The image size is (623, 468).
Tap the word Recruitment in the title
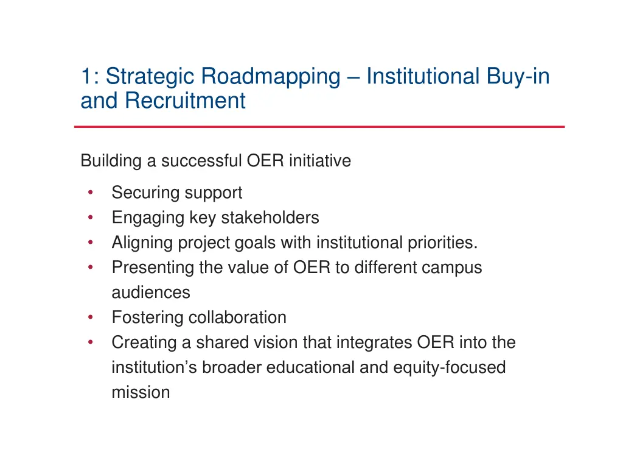coord(185,101)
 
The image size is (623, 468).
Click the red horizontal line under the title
coord(319,127)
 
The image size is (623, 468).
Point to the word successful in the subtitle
coord(202,161)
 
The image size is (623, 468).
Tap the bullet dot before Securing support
coord(90,193)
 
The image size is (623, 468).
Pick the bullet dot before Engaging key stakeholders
coord(90,218)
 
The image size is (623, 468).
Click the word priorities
coord(440,243)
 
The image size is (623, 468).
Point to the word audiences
coord(151,293)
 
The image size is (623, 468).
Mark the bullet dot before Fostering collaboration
coord(90,317)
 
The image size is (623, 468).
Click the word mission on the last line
coord(141,393)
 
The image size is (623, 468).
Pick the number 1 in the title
coord(86,77)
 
